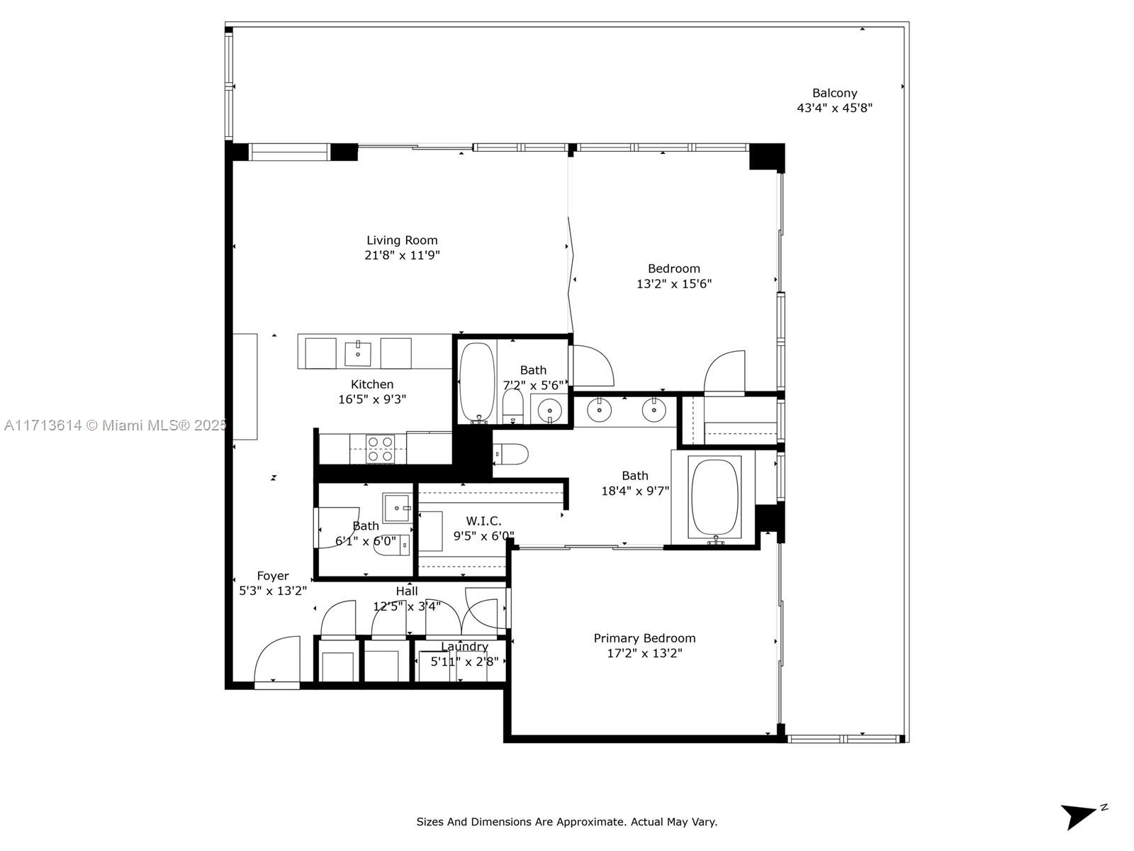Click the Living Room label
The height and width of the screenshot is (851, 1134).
point(402,240)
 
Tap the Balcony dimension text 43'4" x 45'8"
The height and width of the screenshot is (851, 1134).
point(834,108)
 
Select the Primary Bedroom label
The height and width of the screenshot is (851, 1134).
point(644,638)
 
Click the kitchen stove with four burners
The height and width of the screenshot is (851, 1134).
point(380,448)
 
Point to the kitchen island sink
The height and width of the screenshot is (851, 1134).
point(357,353)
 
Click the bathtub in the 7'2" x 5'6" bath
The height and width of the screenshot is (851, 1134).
point(478,382)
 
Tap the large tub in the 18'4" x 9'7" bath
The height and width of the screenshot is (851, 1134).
point(715,498)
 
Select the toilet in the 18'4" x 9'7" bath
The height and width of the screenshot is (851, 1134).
point(511,454)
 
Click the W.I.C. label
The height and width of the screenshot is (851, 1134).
point(483,521)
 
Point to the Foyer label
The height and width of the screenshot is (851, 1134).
point(273,576)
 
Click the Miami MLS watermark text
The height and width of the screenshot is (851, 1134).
point(116,425)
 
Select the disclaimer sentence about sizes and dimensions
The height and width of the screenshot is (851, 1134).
point(567,821)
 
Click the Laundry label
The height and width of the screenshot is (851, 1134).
point(464,646)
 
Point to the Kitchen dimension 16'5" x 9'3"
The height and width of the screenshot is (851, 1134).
point(372,399)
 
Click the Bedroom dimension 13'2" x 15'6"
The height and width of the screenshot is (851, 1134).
point(674,284)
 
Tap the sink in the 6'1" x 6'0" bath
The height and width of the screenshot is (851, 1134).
point(396,508)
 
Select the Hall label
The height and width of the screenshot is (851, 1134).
point(407,591)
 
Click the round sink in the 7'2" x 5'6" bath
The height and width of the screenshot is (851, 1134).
point(550,411)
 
